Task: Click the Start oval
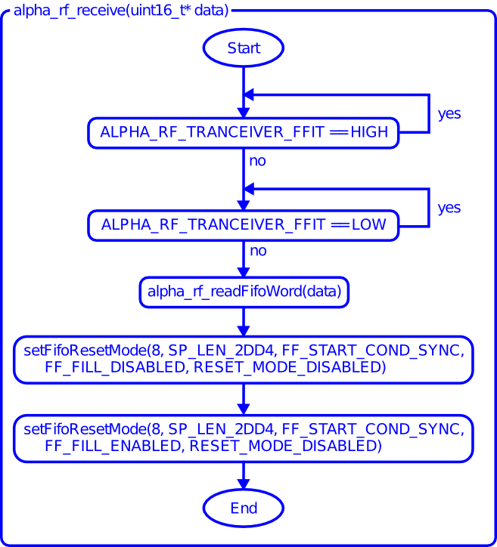(244, 48)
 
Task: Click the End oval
(244, 508)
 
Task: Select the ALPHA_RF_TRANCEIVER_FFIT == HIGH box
(244, 133)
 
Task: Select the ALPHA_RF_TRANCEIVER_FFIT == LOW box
(244, 225)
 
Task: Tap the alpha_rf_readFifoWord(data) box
(244, 291)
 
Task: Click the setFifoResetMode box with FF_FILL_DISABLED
(244, 359)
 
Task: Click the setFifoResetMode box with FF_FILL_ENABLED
(244, 437)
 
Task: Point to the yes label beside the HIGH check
(449, 114)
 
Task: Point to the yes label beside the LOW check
(449, 208)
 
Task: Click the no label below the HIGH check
(258, 161)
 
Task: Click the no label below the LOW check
(258, 251)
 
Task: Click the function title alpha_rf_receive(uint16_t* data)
(121, 11)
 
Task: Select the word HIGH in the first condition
(369, 133)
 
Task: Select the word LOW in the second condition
(368, 225)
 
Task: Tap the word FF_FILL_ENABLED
(113, 447)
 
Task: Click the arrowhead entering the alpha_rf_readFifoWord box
(244, 272)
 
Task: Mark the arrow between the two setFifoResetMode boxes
(244, 399)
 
